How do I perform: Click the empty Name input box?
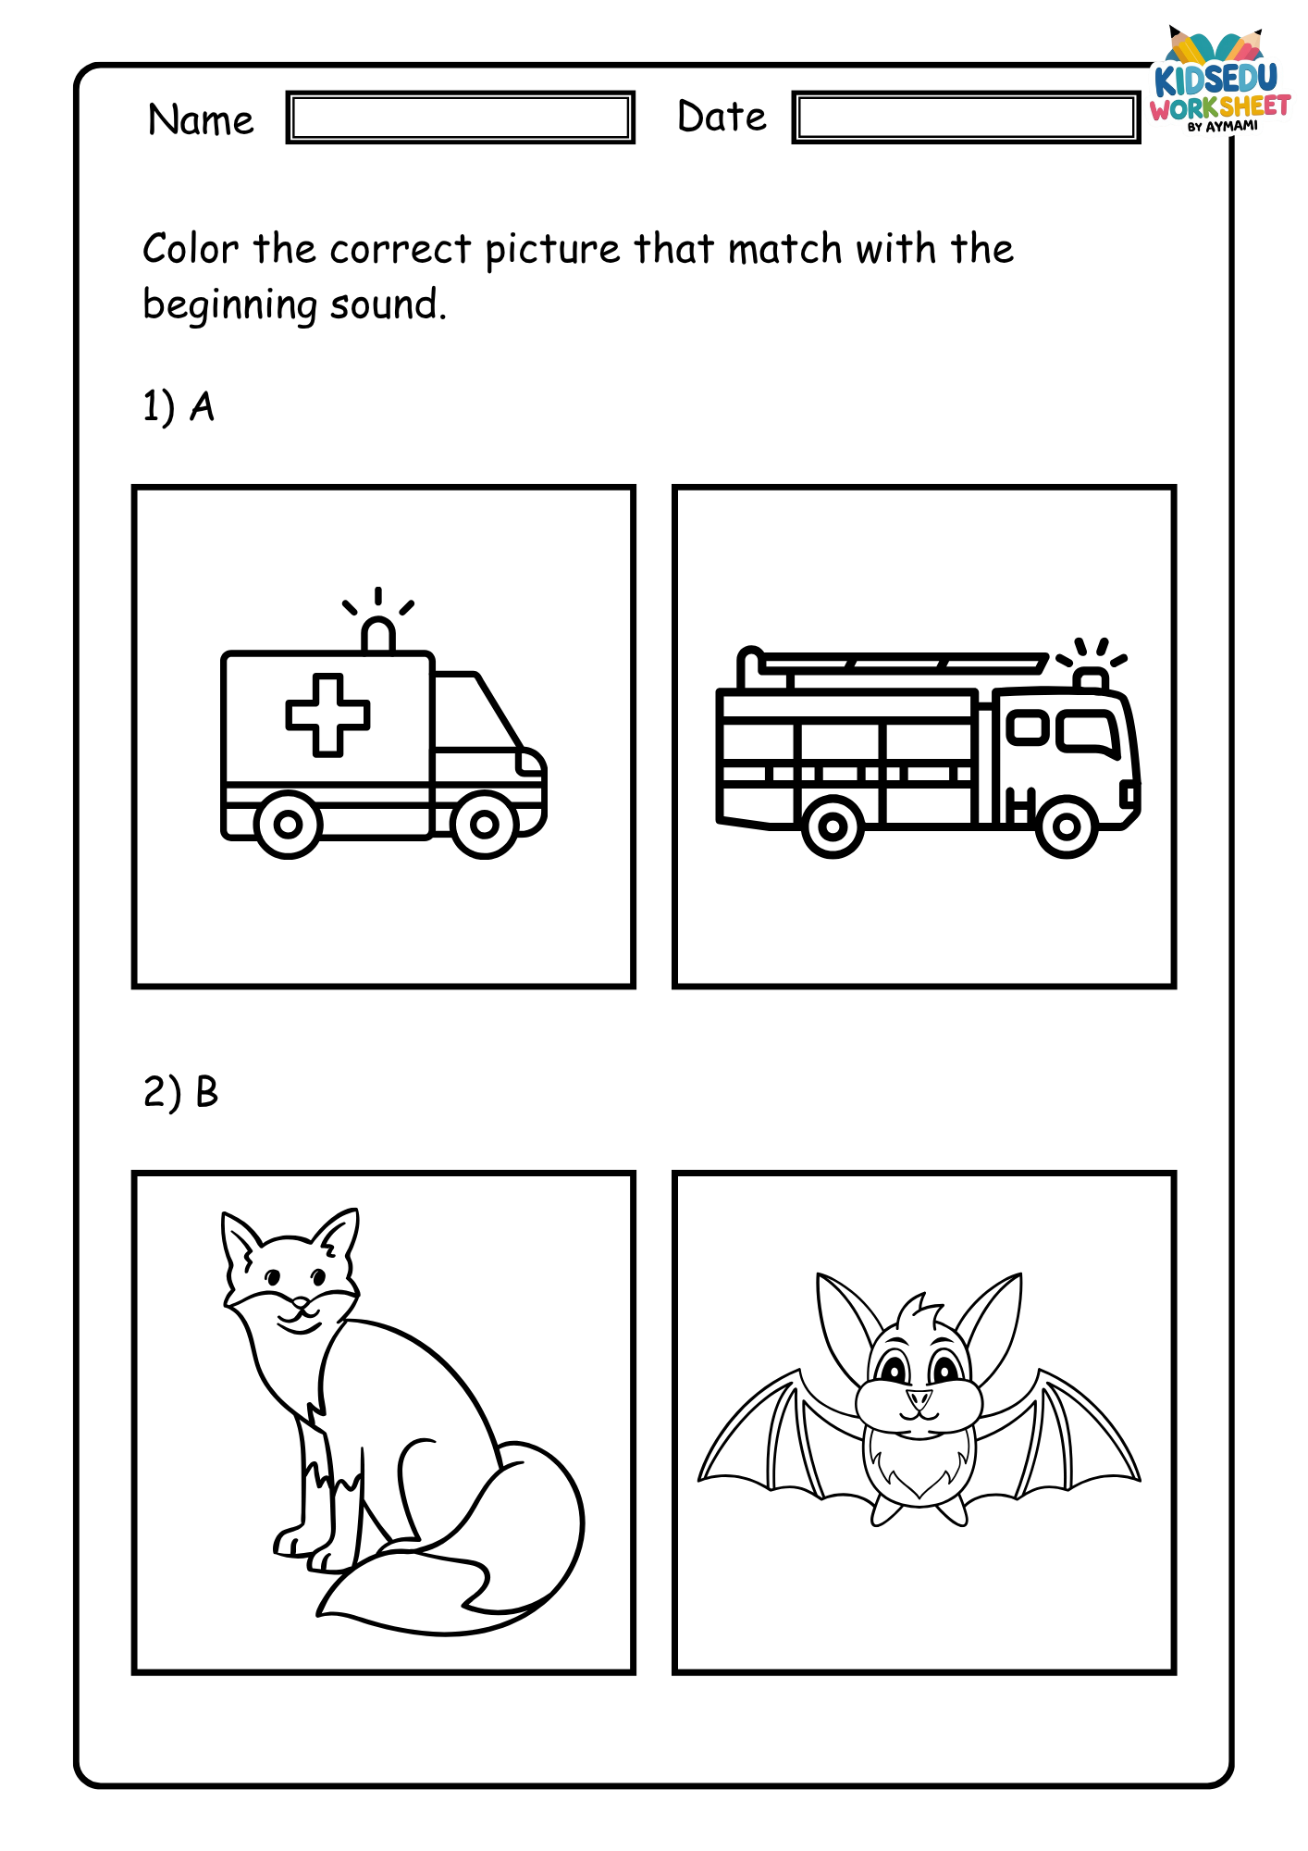460,118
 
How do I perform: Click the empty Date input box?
966,118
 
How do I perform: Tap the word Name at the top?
201,120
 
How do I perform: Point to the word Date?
722,117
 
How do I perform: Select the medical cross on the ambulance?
327,714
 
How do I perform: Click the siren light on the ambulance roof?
377,635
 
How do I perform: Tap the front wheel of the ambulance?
485,824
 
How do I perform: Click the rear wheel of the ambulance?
288,824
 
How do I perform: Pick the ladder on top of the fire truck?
893,665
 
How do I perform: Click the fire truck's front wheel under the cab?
1066,826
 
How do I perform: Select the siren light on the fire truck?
1092,678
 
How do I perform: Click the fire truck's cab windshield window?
1088,731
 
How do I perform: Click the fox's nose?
300,1306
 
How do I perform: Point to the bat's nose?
919,1397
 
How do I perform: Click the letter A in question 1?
202,406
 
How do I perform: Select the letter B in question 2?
207,1092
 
